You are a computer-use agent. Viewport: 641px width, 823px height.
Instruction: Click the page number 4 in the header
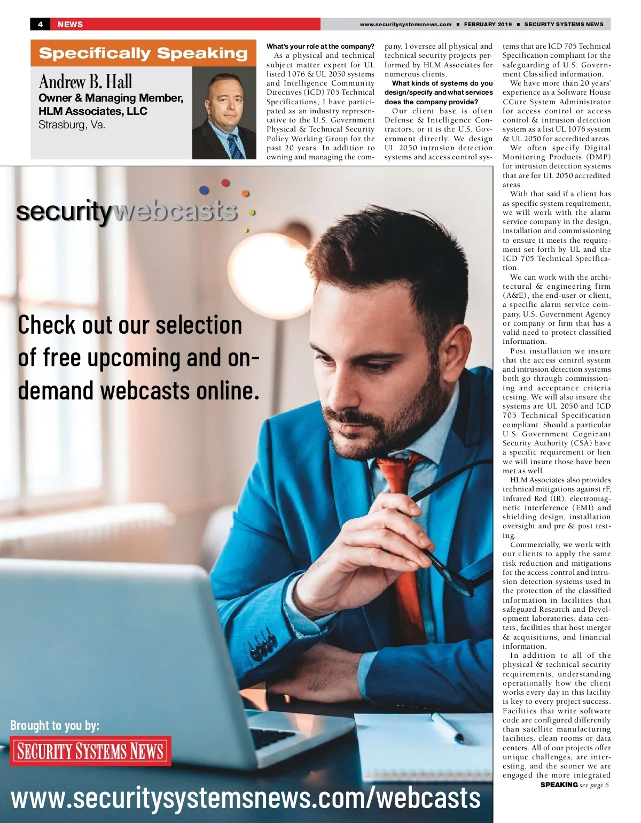click(40, 24)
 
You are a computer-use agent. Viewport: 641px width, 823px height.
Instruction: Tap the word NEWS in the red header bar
click(70, 24)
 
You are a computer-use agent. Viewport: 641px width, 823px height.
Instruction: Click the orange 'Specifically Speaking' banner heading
click(143, 53)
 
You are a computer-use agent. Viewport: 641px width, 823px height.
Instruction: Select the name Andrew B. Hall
click(85, 82)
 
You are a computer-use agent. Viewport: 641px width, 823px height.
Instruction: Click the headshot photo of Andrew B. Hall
click(224, 113)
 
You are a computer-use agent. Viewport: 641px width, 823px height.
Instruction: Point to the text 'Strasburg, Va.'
click(72, 125)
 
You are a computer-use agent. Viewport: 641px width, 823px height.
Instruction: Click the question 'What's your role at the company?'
click(320, 47)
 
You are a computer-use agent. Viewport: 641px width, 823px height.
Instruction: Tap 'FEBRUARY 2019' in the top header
click(487, 24)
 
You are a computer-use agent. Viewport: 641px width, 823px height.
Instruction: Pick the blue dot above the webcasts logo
click(204, 190)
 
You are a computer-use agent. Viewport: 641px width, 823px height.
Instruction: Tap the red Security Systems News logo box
click(90, 751)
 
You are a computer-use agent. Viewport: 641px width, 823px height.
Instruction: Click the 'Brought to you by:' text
click(54, 725)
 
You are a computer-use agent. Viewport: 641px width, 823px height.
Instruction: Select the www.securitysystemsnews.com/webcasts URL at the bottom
click(246, 798)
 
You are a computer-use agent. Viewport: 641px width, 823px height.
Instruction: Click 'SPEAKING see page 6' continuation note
click(574, 785)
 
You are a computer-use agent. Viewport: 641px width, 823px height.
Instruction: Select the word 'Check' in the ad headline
click(47, 325)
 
